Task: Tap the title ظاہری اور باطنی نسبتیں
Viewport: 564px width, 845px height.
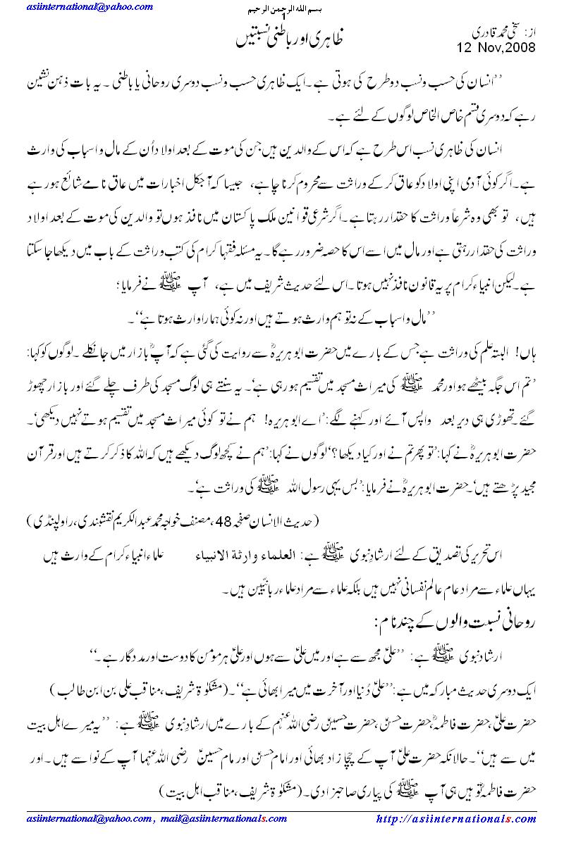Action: pyautogui.click(x=282, y=37)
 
